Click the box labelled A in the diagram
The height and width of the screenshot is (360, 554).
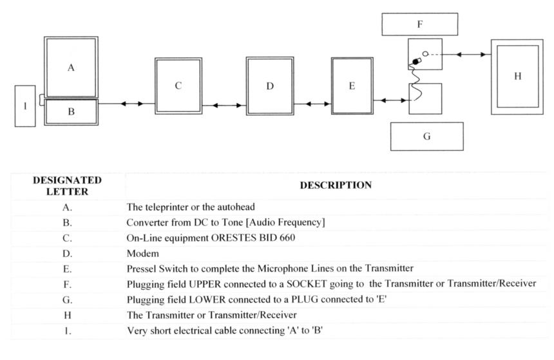(71, 67)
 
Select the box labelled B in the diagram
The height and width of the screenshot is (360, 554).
(71, 111)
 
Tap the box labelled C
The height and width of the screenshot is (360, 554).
(178, 86)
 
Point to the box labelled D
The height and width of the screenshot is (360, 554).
(270, 86)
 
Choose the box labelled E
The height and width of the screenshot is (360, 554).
(352, 86)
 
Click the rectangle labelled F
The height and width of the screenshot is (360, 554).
(419, 24)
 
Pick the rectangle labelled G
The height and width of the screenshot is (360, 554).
(426, 136)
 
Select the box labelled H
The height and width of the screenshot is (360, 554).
(517, 77)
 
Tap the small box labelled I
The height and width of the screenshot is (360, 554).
(25, 106)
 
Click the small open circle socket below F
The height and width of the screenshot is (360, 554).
(426, 54)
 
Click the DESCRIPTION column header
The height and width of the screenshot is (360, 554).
(335, 185)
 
